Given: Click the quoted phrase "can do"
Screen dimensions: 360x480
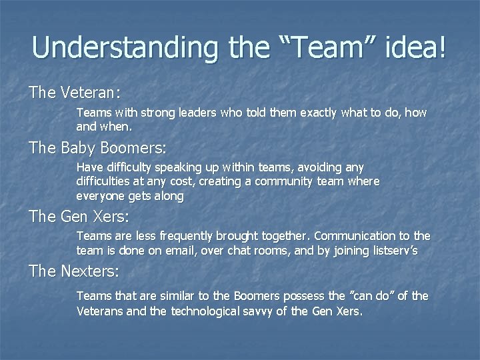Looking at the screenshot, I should [x=368, y=295].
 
